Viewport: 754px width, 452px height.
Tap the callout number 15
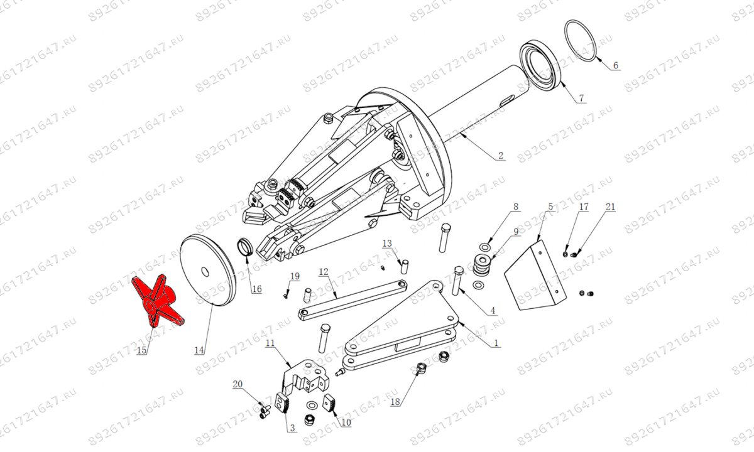point(142,350)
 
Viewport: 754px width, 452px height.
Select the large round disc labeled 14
point(208,270)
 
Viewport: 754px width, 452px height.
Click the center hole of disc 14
point(205,272)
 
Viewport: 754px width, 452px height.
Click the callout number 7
point(581,98)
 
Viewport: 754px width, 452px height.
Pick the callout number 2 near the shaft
point(501,156)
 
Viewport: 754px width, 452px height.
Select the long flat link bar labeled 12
point(352,299)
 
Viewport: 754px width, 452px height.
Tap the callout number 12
point(324,271)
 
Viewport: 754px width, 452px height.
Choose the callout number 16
point(257,289)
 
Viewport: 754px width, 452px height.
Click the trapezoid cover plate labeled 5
point(535,275)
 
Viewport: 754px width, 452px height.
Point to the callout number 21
point(610,207)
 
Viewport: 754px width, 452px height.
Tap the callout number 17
point(584,207)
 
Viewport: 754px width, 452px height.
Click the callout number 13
point(388,243)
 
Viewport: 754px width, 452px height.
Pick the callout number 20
point(238,384)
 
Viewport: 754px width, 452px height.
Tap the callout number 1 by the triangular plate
point(496,343)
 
